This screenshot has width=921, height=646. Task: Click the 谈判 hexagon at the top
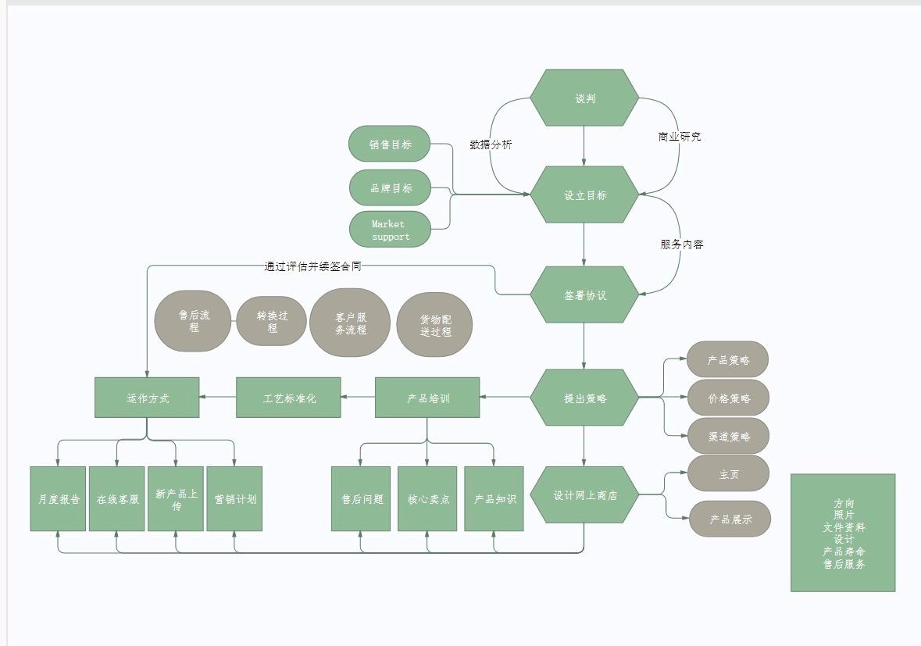coord(584,98)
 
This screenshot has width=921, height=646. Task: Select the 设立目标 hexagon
coord(584,195)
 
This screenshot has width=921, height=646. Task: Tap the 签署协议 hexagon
coord(584,295)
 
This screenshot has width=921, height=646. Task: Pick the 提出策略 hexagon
coord(584,398)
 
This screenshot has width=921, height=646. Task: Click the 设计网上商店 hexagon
coord(584,495)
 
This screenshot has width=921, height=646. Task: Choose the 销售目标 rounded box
coord(391,145)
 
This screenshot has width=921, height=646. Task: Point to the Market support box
coord(391,230)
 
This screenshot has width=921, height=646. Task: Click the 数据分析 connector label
coord(491,145)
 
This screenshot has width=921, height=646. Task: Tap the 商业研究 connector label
coord(680,137)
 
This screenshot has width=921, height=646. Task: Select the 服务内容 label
coord(681,244)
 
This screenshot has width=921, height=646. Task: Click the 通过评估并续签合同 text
coord(312,266)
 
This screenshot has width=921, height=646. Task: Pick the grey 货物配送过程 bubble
coord(435,325)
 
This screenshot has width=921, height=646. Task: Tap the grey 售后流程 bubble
coord(194,321)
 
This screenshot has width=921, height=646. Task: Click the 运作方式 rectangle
coord(147,398)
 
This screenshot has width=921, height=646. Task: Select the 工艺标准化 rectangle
coord(289,398)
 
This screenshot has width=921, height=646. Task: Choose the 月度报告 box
coord(59,499)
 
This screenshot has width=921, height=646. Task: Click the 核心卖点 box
coord(427,499)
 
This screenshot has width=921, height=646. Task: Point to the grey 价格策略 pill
coord(728,398)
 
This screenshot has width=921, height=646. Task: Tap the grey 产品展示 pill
coord(730,519)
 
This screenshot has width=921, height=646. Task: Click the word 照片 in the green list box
coord(844,516)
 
